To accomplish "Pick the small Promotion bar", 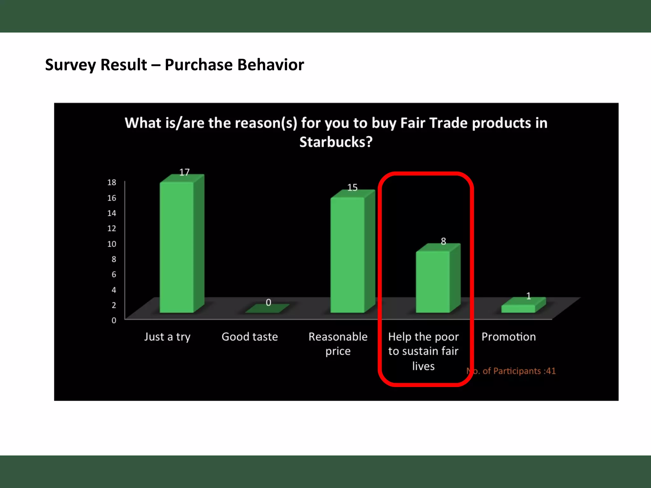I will click(x=518, y=308).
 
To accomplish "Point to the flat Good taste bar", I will click(x=267, y=309).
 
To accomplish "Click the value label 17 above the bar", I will click(x=184, y=172).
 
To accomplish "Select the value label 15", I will click(x=352, y=187).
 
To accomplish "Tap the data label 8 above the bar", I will click(x=443, y=241).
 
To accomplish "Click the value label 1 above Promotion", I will click(x=528, y=296).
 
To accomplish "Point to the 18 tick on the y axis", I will click(x=112, y=182).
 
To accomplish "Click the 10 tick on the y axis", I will click(x=112, y=244).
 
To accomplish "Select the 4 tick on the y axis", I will click(x=113, y=290).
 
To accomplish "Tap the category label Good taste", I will click(x=250, y=337).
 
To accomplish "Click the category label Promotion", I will click(x=509, y=337).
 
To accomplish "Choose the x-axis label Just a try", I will click(x=167, y=337).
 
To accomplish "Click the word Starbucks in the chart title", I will click(x=336, y=142).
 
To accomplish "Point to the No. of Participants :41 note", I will click(x=511, y=371).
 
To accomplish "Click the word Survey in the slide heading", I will click(x=70, y=65).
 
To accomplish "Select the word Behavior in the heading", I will click(x=271, y=65).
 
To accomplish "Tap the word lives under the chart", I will click(x=423, y=366).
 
